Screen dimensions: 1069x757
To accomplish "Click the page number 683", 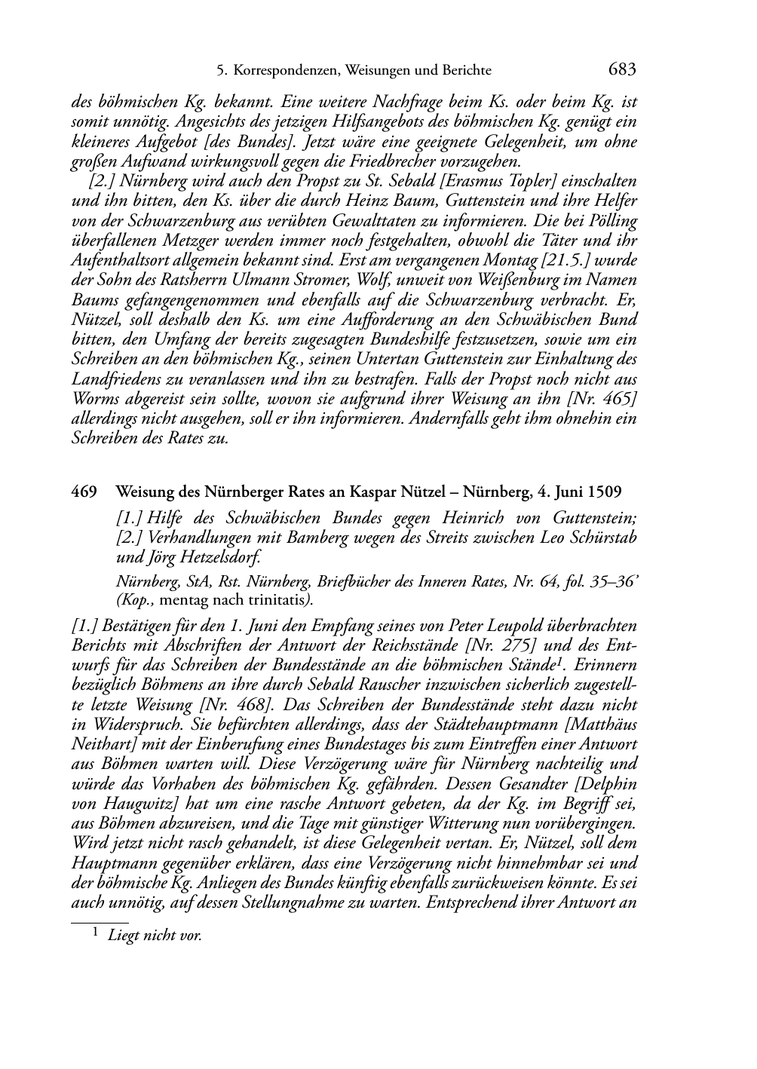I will click(622, 70).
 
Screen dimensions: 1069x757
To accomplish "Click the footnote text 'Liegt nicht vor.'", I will click(155, 936).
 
